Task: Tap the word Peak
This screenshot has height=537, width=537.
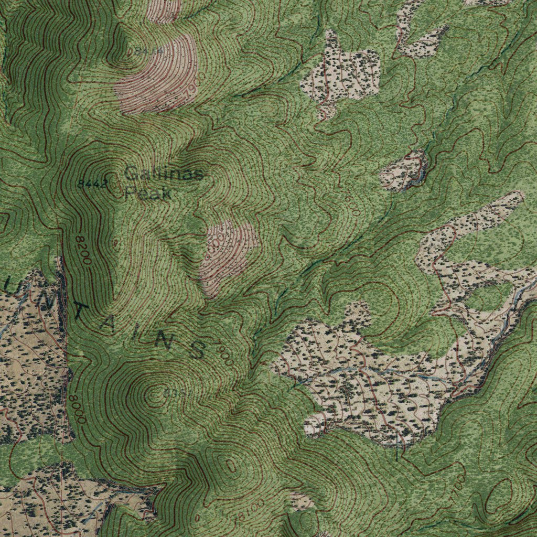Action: tap(148, 193)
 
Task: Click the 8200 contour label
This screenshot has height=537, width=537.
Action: tap(83, 250)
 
